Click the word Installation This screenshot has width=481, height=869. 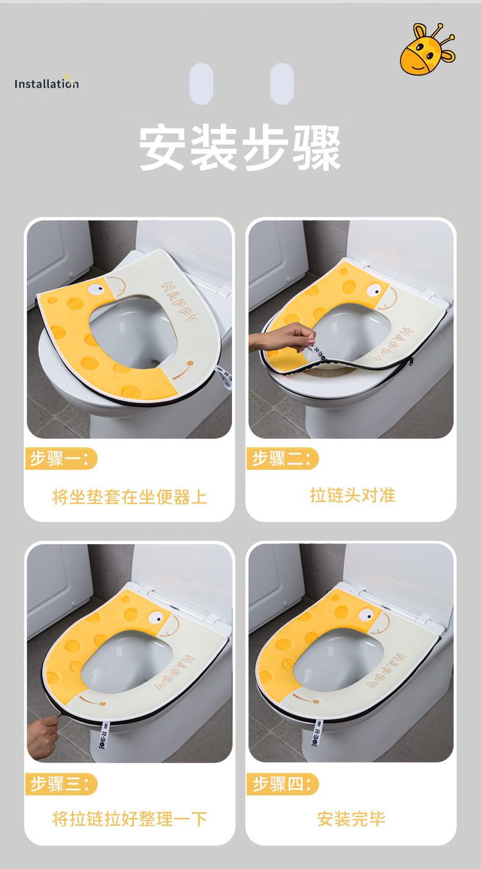coord(47,83)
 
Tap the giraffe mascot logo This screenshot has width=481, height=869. coord(427,49)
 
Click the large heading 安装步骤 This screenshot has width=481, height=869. coord(240,148)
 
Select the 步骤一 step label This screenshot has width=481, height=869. coord(61,459)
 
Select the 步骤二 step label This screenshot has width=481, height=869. coord(283,459)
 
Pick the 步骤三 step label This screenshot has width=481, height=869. coord(61,784)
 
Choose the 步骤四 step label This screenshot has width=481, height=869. coord(283,784)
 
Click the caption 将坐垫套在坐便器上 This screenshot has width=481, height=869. coord(130,497)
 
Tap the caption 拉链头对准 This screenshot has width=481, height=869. coord(353,495)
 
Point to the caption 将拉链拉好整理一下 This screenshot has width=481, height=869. coord(130,819)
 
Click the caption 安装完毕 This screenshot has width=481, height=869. coord(351,819)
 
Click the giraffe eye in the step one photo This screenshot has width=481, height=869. coord(97,288)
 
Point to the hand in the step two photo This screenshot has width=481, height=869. coord(283,338)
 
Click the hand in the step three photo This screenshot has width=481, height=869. coord(42,737)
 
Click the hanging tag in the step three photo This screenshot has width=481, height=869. coord(103,735)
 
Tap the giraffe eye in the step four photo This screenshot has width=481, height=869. coord(367,615)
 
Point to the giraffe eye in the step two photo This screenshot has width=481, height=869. coord(374,290)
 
